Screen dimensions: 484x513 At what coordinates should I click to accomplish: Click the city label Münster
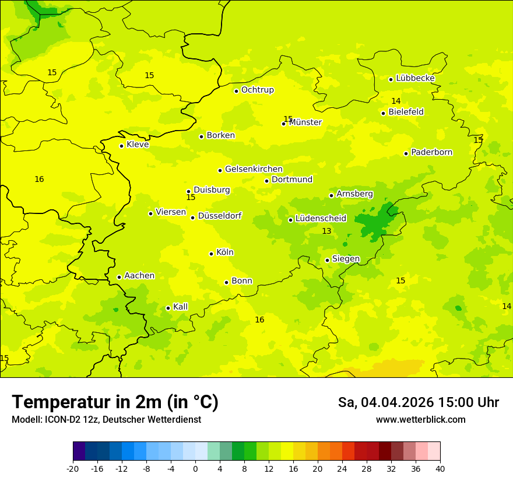click(x=305, y=122)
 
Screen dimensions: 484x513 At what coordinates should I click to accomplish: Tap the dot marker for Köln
click(x=211, y=254)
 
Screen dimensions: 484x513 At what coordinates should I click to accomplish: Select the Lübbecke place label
click(x=415, y=78)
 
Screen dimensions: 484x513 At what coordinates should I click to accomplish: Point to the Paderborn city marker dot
click(x=406, y=153)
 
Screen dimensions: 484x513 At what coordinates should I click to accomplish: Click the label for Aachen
click(x=139, y=276)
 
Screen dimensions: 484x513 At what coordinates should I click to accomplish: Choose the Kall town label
click(x=180, y=307)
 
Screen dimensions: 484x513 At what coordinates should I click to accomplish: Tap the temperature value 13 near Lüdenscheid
click(x=326, y=232)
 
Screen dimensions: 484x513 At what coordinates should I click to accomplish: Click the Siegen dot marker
click(x=327, y=260)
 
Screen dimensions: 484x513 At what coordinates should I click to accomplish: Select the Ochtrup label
click(x=257, y=90)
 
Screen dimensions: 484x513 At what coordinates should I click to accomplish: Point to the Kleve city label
click(x=138, y=145)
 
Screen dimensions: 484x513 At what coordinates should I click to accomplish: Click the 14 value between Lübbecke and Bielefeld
click(x=396, y=101)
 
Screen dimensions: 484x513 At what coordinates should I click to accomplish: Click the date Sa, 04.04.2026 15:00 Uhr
click(x=418, y=402)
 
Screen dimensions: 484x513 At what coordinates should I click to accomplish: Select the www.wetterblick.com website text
click(x=420, y=420)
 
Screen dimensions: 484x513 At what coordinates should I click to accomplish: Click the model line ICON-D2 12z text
click(x=106, y=420)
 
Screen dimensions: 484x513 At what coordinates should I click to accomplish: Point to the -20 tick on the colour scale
click(x=73, y=469)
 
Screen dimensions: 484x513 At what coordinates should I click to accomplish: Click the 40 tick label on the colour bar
click(x=440, y=469)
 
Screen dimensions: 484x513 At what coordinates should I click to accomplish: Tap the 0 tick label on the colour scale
click(x=195, y=469)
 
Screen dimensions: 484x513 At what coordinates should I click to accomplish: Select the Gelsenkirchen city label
click(x=254, y=169)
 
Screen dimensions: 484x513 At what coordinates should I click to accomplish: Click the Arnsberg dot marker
click(x=331, y=195)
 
